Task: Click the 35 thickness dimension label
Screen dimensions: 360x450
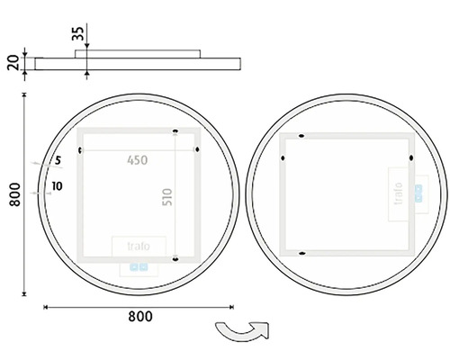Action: click(79, 35)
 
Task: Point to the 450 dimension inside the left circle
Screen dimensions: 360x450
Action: click(137, 160)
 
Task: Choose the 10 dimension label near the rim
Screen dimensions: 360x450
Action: click(58, 185)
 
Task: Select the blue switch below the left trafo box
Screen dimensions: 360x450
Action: click(138, 266)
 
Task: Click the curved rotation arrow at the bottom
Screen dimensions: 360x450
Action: click(238, 333)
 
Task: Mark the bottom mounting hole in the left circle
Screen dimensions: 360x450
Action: click(175, 259)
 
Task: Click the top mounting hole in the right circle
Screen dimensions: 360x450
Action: click(300, 137)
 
